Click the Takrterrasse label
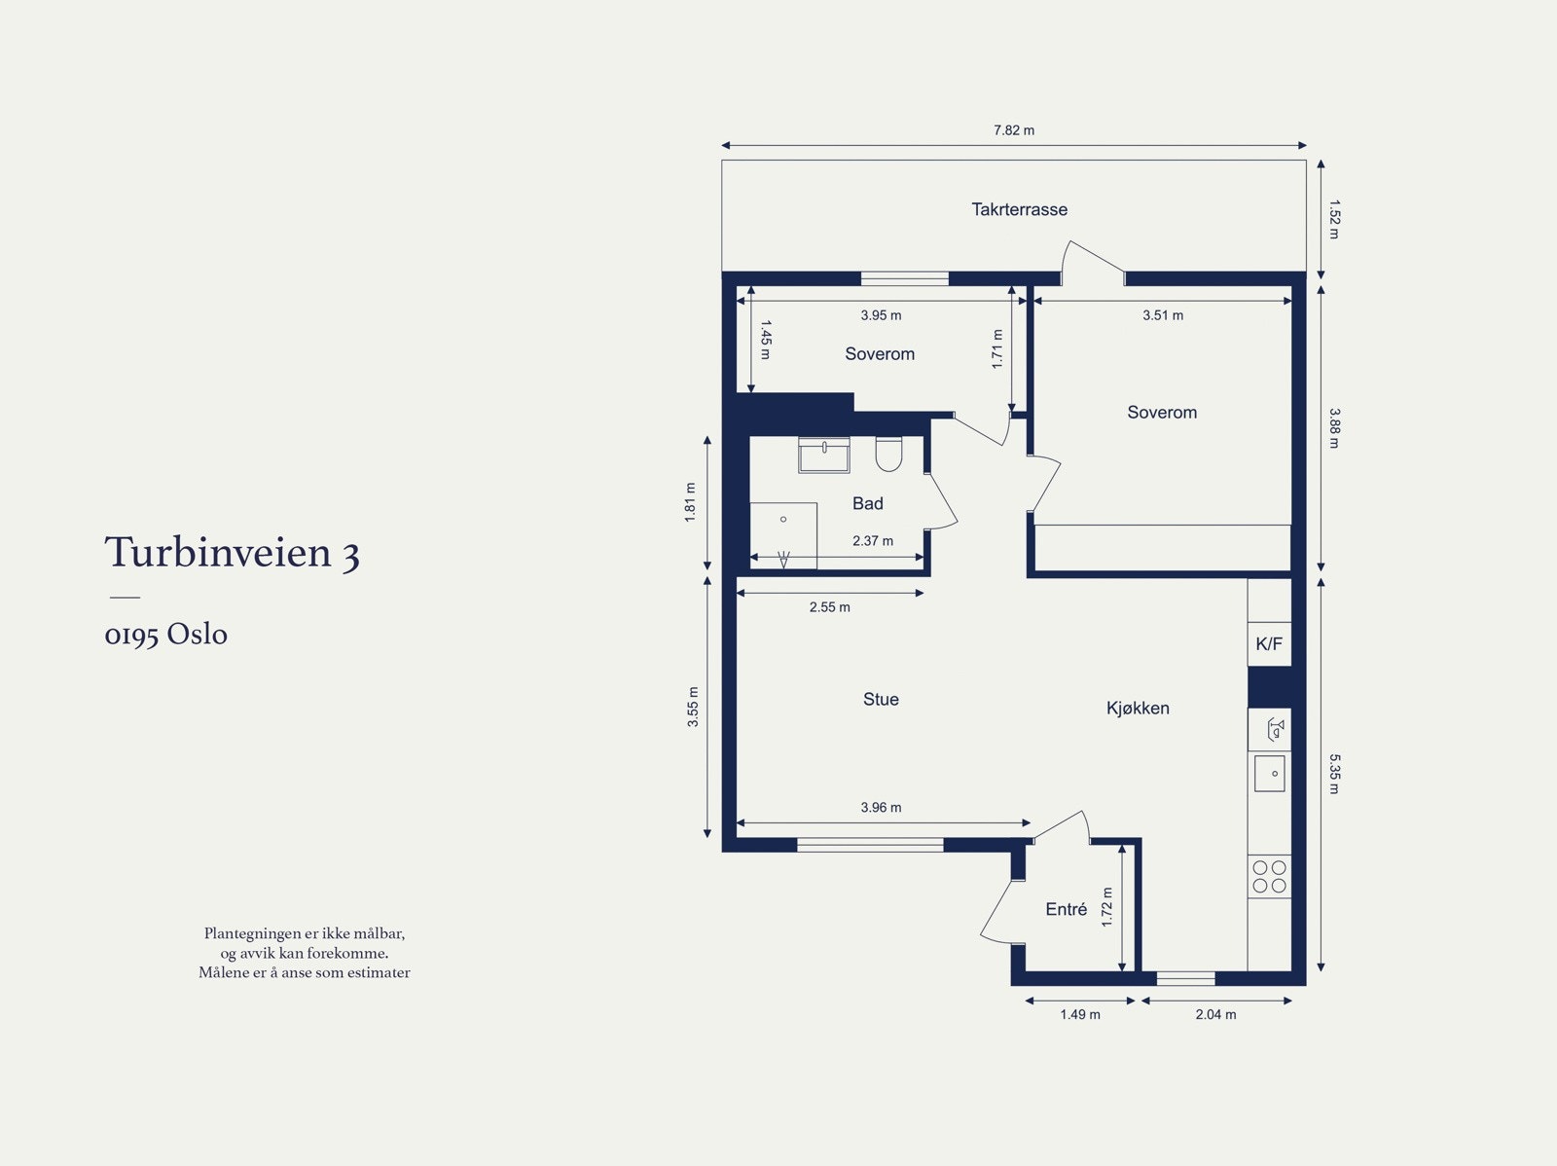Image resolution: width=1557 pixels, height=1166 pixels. [x=1019, y=209]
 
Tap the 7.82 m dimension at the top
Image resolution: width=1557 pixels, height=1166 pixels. [x=1014, y=130]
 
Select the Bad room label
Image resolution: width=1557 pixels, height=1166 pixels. [x=867, y=503]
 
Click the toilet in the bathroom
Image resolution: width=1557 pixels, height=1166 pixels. [x=888, y=454]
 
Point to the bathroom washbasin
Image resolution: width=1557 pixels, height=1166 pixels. [x=823, y=455]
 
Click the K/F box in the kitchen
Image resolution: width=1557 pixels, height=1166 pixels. [x=1269, y=644]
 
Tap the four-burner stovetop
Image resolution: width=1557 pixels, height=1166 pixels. [x=1269, y=877]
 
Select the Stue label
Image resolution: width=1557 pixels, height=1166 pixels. [x=881, y=700]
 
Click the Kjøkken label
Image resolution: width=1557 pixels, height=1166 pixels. [x=1138, y=708]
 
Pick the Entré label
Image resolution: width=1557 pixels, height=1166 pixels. [x=1067, y=909]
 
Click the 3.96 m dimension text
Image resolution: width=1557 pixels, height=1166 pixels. [x=881, y=807]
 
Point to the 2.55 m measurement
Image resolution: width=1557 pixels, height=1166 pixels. [x=829, y=607]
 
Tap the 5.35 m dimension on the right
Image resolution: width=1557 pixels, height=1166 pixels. [x=1334, y=774]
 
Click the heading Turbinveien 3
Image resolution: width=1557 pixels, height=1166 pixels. [x=233, y=552]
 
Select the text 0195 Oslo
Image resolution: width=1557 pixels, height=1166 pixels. [x=166, y=635]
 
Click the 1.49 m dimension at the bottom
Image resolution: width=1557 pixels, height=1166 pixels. [x=1080, y=1014]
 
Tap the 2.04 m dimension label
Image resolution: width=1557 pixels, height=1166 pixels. [x=1215, y=1014]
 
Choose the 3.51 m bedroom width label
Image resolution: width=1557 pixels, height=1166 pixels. [x=1163, y=315]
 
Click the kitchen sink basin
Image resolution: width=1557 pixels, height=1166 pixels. [x=1269, y=774]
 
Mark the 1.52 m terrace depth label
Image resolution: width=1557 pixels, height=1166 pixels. [x=1334, y=219]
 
